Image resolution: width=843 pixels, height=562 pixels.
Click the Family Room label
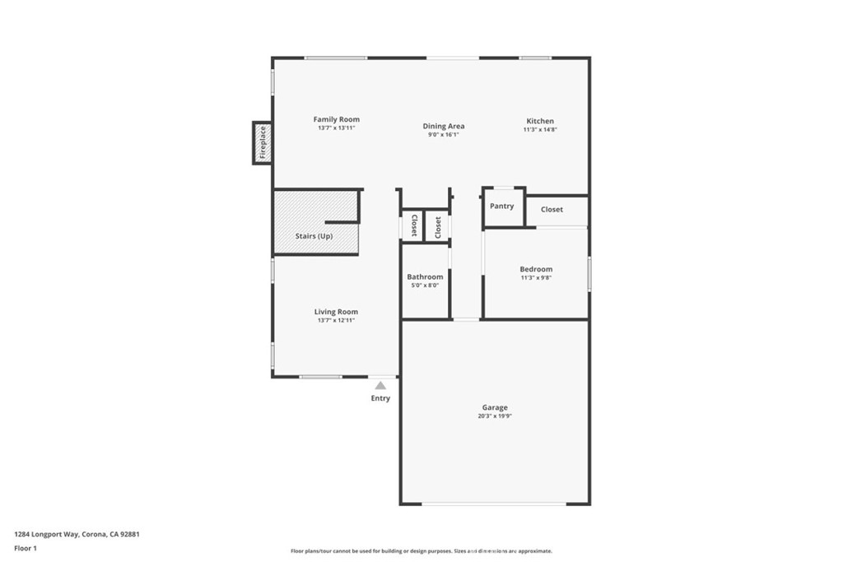coord(336,119)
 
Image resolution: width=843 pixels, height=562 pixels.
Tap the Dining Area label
coord(444,126)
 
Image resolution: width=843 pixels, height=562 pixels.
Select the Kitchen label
coord(540,121)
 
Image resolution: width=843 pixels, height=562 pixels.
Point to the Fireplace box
coord(263,142)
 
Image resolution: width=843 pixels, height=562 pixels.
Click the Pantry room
coord(502,207)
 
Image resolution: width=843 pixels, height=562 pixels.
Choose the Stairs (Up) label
coord(314,236)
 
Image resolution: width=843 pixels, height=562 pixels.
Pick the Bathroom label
coord(425,277)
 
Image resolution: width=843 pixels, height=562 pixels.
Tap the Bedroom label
coord(536,269)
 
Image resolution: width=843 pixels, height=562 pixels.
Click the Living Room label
coord(336,312)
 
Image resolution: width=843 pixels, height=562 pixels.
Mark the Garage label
coord(495,407)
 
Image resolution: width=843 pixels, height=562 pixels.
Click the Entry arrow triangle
coord(380,384)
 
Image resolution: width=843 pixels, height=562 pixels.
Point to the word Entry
coord(380,398)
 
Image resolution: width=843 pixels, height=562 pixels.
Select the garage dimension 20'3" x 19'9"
coord(495,416)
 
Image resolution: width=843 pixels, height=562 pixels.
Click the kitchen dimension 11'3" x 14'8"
coord(540,130)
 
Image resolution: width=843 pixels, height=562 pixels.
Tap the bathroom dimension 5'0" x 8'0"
coord(425,286)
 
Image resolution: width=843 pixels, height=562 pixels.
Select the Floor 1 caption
coord(26,548)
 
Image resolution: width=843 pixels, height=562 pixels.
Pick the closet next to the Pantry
coord(552,209)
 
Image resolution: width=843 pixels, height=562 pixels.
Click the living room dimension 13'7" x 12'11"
coord(336,320)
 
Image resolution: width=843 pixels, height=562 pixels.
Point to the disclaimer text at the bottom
coord(421,551)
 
